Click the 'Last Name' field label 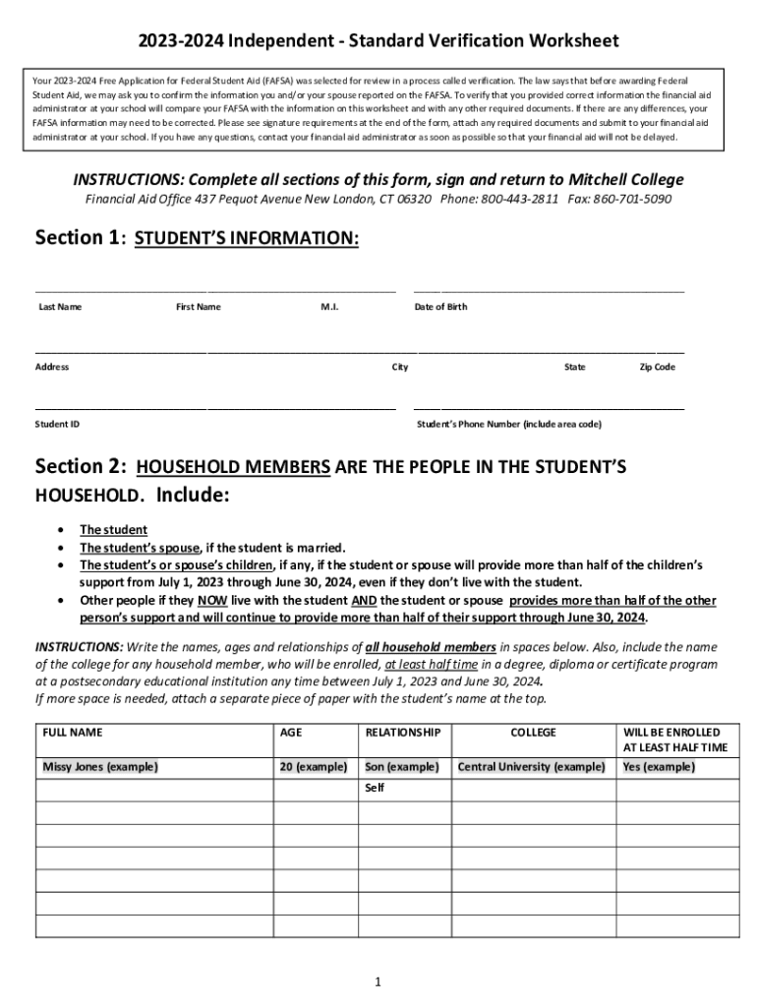(60, 307)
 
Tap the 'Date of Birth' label (441, 307)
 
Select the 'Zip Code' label (658, 367)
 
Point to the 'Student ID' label (57, 424)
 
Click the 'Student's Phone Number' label (509, 424)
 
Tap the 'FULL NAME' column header (73, 733)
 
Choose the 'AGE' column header (291, 733)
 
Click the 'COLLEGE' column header (533, 733)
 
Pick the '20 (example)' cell (314, 766)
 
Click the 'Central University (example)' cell (532, 766)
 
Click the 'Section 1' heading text (77, 238)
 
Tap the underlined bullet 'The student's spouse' (140, 548)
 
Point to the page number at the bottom (378, 982)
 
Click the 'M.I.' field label (330, 307)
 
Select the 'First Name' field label (199, 307)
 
